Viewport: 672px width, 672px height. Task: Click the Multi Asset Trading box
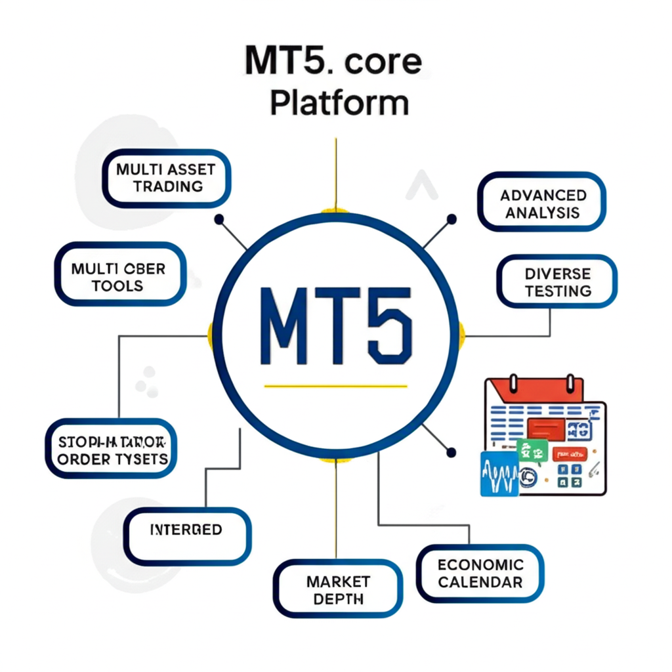click(x=166, y=178)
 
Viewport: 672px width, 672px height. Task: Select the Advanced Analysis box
click(x=542, y=203)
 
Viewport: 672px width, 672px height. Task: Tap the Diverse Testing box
click(x=557, y=282)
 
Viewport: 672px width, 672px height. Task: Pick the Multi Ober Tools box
click(x=119, y=277)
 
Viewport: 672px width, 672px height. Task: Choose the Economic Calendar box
click(x=480, y=573)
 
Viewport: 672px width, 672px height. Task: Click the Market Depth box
click(x=338, y=589)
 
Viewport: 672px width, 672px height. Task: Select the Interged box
click(x=187, y=530)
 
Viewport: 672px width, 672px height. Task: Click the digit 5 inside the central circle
click(x=388, y=325)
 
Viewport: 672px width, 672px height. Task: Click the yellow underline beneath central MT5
click(x=336, y=385)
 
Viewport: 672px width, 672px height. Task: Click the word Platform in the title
click(x=339, y=103)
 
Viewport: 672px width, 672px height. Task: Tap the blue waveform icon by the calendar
click(x=499, y=473)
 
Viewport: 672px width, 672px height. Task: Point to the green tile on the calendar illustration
click(x=532, y=450)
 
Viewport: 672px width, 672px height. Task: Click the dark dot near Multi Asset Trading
click(x=219, y=219)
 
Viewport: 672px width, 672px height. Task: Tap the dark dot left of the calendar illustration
click(x=450, y=451)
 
